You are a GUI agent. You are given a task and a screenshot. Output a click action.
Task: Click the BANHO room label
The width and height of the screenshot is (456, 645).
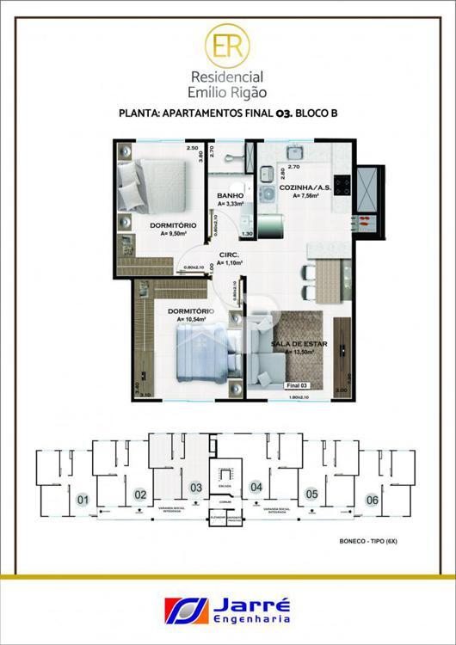230,195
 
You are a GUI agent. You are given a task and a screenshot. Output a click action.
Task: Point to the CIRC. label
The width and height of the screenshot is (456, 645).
229,255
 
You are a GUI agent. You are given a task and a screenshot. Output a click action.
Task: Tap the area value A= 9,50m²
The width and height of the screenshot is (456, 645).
173,233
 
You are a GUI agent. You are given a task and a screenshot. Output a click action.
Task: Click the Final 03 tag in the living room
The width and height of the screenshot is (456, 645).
297,387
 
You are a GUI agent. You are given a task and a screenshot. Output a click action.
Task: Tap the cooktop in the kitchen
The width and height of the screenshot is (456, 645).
342,183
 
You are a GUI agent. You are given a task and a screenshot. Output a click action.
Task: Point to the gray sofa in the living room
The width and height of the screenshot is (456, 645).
266,365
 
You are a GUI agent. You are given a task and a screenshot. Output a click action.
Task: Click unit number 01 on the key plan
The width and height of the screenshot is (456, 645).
83,500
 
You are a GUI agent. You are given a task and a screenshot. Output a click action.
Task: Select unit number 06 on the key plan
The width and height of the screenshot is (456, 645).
372,500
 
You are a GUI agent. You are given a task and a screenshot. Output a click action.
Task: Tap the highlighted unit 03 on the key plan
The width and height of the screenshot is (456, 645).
196,488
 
